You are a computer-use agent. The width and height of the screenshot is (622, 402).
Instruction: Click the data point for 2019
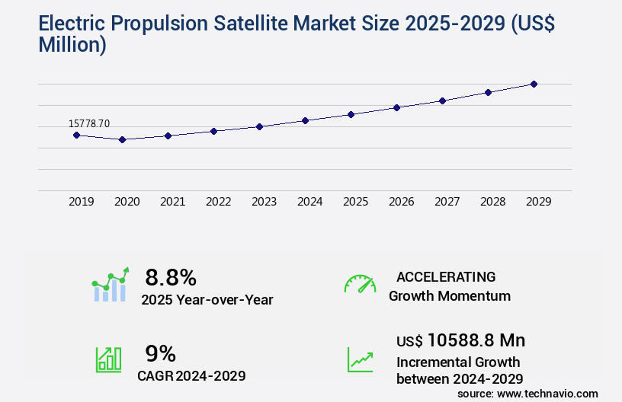point(76,135)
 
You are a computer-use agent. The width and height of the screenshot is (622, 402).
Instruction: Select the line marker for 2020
point(122,139)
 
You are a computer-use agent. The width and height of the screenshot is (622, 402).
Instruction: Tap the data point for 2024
point(305,120)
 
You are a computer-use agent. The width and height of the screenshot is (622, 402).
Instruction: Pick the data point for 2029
point(534,84)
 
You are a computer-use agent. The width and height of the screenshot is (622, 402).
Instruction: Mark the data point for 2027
point(442,100)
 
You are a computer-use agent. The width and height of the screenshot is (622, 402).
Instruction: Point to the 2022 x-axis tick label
point(218,202)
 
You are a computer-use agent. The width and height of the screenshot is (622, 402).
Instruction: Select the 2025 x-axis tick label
point(355,202)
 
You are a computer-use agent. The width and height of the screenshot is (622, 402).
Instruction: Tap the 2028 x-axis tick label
point(492,202)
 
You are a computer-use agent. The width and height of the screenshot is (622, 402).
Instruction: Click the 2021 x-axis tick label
point(172,202)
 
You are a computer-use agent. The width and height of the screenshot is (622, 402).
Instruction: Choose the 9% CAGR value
point(160,353)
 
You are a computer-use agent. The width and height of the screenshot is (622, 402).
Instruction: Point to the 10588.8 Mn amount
point(476,340)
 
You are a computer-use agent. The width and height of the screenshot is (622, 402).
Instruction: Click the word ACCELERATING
point(446,276)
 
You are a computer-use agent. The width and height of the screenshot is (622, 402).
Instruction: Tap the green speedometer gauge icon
point(360,284)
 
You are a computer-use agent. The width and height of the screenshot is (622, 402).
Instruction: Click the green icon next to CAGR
point(108,359)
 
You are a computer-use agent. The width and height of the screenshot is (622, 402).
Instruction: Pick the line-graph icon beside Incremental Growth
point(360,359)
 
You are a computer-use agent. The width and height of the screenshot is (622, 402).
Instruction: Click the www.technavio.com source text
point(548,393)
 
